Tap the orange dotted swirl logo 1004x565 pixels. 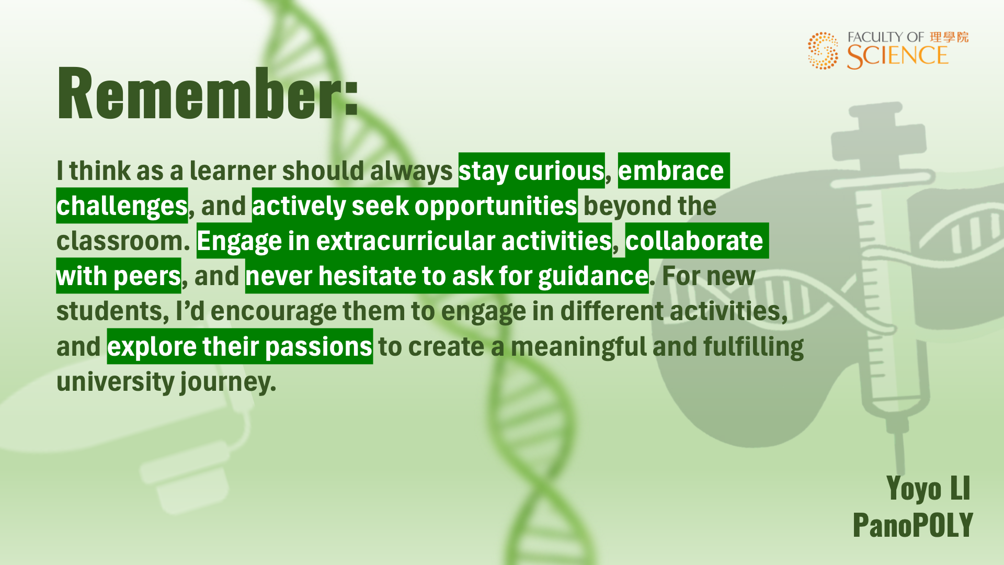coord(823,51)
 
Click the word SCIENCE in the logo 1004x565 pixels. coord(897,56)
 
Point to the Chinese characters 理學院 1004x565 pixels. coord(949,37)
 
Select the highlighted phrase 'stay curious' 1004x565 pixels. coord(531,171)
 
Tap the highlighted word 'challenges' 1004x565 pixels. coord(122,206)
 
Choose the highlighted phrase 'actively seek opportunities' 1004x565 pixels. coord(415,206)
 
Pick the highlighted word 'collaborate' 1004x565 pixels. coord(694,241)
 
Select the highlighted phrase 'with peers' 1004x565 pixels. coord(119,276)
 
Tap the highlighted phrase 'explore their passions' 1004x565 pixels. coord(240,347)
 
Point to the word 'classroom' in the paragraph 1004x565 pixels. coord(120,241)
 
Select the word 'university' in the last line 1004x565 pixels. coord(116,382)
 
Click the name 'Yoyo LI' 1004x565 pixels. coord(928,489)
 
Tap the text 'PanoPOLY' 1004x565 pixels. coord(912,525)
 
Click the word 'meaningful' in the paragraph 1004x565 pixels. coord(579,347)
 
